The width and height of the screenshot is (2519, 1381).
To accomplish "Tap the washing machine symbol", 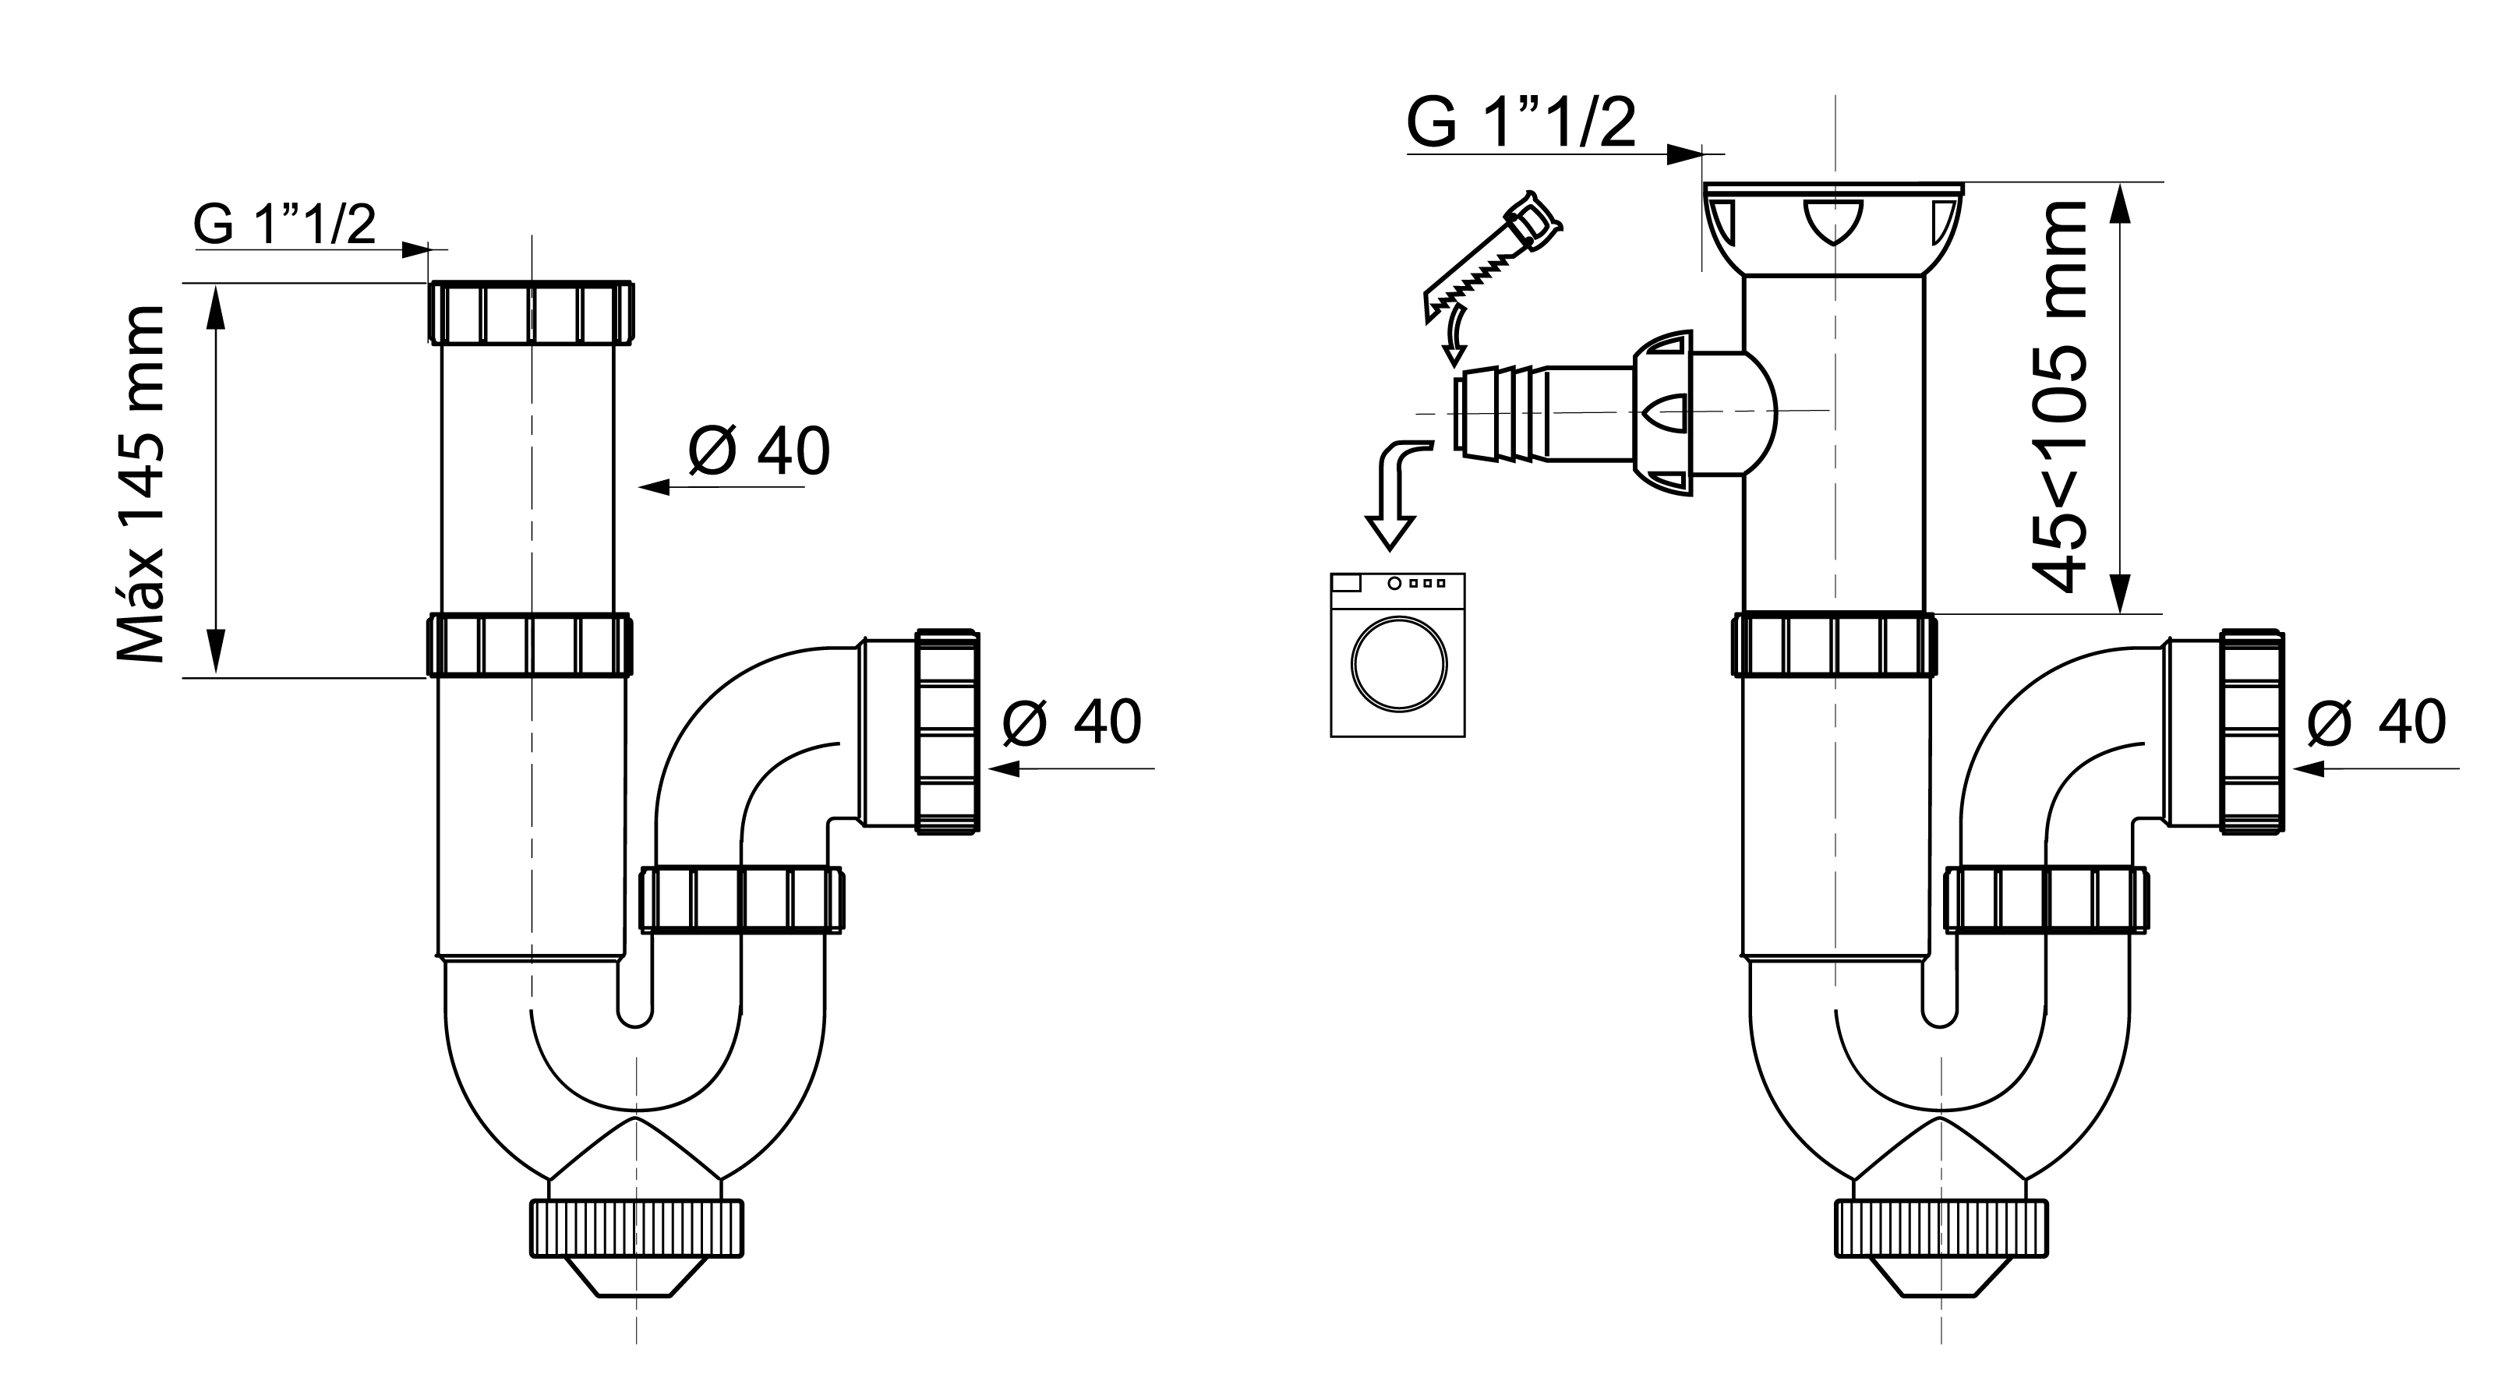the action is [1397, 655].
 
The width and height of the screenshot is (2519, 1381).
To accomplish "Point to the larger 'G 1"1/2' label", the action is [1521, 123].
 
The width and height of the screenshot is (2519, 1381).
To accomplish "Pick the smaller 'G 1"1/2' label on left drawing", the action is [284, 225].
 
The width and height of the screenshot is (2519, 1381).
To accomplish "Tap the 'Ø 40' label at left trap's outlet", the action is [1072, 722].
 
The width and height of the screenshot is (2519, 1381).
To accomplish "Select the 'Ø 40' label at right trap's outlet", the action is [2376, 722].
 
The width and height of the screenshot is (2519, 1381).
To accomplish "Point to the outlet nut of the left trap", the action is [947, 732].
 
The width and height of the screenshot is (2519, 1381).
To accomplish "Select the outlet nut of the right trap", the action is [2251, 732].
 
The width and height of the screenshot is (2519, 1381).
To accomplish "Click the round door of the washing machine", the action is [1398, 664].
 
